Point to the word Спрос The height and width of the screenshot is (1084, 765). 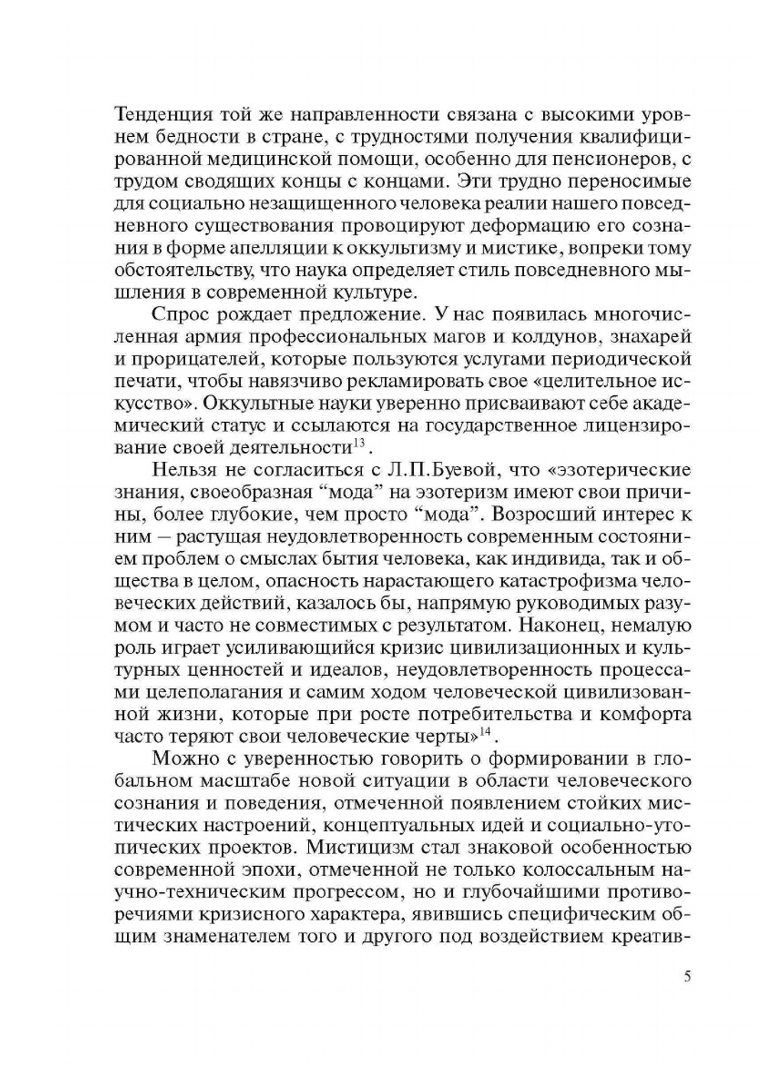(181, 314)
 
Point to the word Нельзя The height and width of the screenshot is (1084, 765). (181, 469)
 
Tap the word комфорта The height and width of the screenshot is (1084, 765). (646, 714)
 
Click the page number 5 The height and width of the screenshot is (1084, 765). (687, 976)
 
